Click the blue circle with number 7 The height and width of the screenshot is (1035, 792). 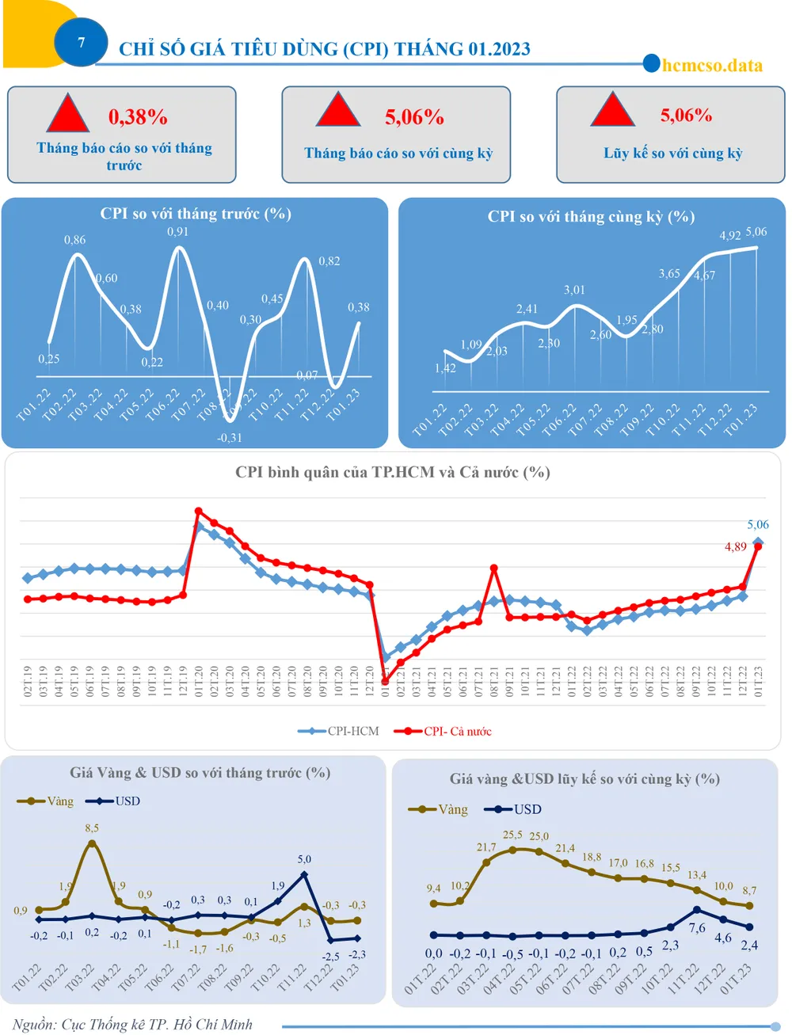point(81,43)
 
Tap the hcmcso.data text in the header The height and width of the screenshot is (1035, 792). point(712,65)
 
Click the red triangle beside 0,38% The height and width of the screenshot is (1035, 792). point(67,113)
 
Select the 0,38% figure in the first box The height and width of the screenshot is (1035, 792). point(138,117)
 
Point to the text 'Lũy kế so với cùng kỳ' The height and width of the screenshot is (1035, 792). point(672,153)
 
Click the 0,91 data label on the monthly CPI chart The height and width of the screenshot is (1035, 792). point(177,231)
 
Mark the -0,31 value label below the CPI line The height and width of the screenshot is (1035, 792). point(230,437)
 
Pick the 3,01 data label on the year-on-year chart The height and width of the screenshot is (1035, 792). point(574,290)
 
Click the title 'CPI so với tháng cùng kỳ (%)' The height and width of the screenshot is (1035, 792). point(591,217)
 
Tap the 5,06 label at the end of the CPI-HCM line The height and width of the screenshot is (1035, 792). point(758,524)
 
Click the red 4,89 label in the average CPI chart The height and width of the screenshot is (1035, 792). point(735,546)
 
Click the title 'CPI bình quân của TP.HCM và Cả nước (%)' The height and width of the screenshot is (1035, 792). point(392,472)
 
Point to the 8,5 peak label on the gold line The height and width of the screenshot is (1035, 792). point(92,828)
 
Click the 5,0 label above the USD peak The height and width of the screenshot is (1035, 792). point(304,858)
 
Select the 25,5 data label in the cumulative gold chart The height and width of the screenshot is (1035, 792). point(512,835)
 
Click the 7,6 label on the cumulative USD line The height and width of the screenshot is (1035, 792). point(697,928)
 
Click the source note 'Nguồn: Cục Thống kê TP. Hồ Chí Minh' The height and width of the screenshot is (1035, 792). point(132,1024)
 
